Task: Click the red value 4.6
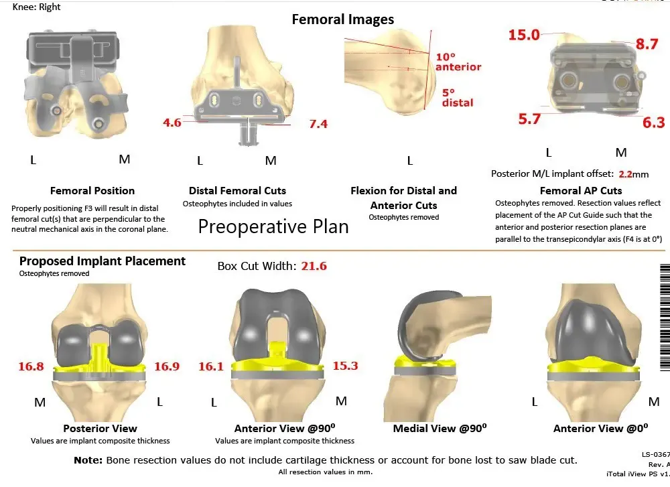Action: (x=172, y=123)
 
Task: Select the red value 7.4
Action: (x=318, y=124)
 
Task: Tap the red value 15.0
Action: (x=524, y=35)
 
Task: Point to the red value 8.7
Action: (x=647, y=44)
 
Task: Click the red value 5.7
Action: (x=529, y=119)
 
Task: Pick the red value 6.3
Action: (x=653, y=122)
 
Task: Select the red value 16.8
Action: (x=31, y=366)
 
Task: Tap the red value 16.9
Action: (x=167, y=366)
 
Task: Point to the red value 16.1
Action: (x=211, y=366)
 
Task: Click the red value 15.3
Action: (x=345, y=366)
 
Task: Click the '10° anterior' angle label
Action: (x=458, y=62)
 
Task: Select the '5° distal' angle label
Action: (x=458, y=98)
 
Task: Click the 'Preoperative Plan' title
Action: (x=273, y=226)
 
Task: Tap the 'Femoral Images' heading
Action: (x=342, y=19)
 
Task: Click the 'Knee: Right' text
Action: (x=36, y=7)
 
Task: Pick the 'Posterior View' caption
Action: (x=100, y=429)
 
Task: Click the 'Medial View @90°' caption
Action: (x=440, y=429)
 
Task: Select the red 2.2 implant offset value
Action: (x=625, y=174)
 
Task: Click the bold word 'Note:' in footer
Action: (x=88, y=460)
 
